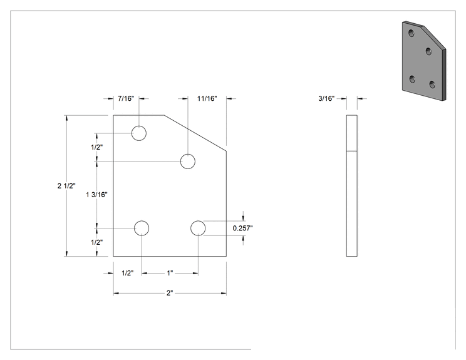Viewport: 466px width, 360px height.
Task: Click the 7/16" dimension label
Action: point(126,98)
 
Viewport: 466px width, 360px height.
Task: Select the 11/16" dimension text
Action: point(207,98)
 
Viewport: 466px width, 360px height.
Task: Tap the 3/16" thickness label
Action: point(326,98)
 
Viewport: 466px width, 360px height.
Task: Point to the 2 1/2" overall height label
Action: point(66,186)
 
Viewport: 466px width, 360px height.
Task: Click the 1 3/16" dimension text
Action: point(97,195)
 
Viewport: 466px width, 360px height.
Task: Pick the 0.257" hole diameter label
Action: point(243,228)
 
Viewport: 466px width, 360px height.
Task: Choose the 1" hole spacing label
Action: point(170,273)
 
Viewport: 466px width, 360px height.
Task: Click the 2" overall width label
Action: point(170,293)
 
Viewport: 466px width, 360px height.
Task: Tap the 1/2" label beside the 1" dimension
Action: point(128,273)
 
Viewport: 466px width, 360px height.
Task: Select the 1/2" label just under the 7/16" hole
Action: point(97,147)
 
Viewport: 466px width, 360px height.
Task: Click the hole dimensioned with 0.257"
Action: point(198,228)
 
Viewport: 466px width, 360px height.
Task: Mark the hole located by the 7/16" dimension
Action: point(139,133)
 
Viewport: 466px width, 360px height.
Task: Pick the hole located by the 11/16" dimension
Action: point(188,162)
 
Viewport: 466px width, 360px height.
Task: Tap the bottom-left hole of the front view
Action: point(142,228)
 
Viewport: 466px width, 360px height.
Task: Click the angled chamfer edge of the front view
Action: point(195,133)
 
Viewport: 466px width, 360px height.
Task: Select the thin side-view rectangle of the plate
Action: point(347,186)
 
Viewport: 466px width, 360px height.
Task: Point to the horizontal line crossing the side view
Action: point(352,151)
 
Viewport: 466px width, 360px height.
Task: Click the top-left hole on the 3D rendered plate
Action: point(412,33)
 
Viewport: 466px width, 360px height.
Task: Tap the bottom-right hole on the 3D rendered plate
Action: point(432,85)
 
